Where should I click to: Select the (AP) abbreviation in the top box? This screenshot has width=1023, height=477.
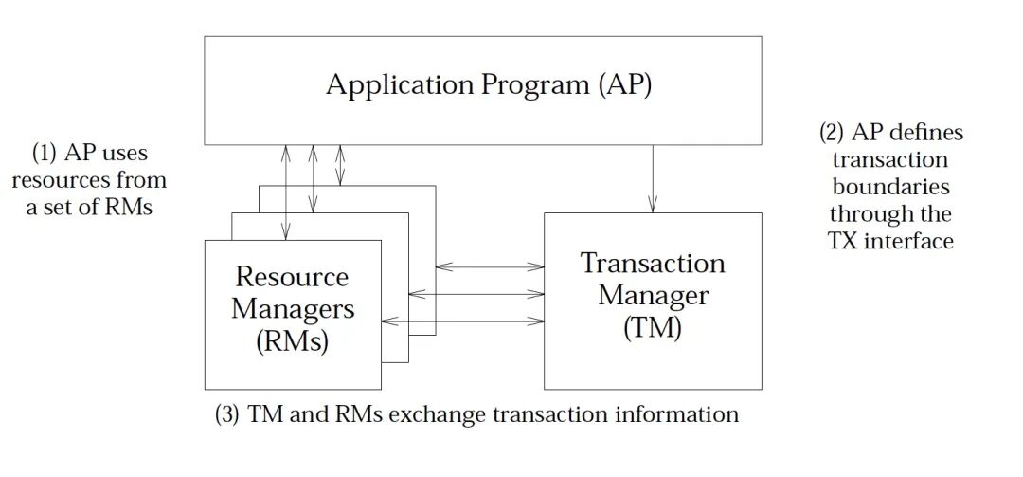625,85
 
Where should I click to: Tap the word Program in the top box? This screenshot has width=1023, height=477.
529,85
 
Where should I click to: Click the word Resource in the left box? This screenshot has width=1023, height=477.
292,277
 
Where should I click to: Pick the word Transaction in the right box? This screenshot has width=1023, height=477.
653,263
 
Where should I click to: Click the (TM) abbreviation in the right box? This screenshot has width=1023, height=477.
653,329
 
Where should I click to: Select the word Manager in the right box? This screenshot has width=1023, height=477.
653,296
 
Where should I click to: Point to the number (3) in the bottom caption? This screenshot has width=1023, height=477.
228,414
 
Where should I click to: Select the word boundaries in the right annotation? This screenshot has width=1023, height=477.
890,187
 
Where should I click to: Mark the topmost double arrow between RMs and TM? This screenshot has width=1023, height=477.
490,267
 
